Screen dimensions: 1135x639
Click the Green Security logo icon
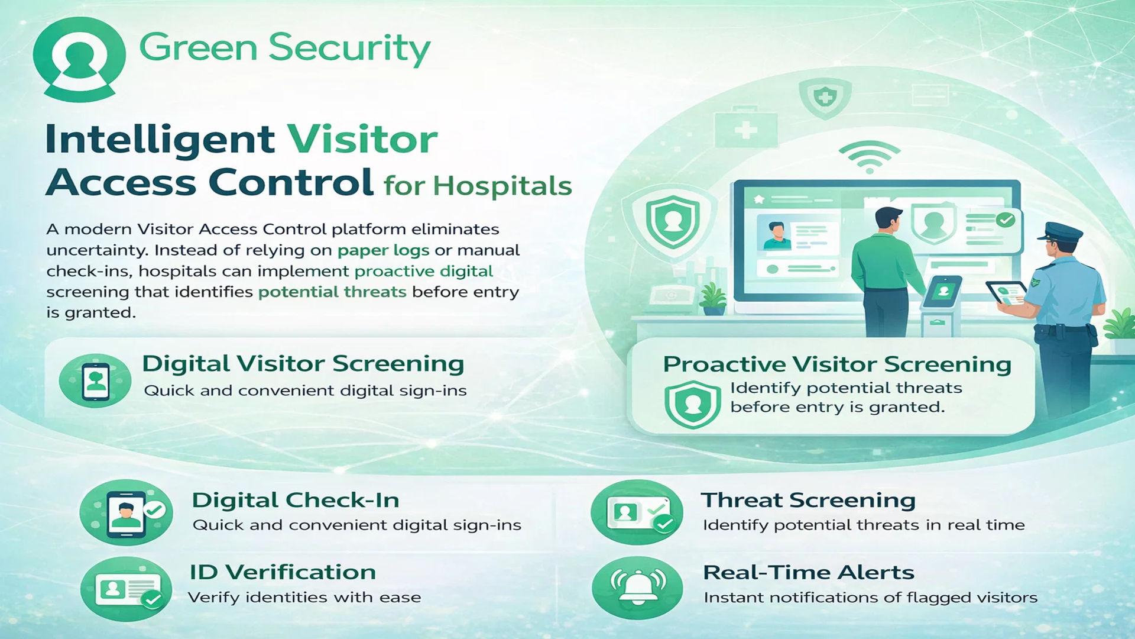click(x=79, y=59)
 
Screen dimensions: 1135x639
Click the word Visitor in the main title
click(x=362, y=140)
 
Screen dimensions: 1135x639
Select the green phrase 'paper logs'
click(x=383, y=250)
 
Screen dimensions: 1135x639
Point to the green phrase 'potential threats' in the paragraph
click(x=332, y=292)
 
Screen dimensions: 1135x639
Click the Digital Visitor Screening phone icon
click(x=95, y=380)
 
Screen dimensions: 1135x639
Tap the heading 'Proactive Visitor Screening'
click(x=837, y=364)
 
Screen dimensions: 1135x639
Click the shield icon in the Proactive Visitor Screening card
click(x=692, y=404)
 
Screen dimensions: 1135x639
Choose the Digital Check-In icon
click(x=126, y=512)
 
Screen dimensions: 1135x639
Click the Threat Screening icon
click(x=637, y=512)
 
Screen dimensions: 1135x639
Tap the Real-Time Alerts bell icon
click(x=637, y=588)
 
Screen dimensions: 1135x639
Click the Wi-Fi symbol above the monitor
click(x=870, y=157)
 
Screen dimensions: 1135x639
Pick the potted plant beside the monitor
click(x=714, y=298)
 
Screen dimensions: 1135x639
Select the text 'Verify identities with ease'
click(x=304, y=598)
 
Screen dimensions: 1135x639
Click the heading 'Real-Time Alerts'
click(x=809, y=573)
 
